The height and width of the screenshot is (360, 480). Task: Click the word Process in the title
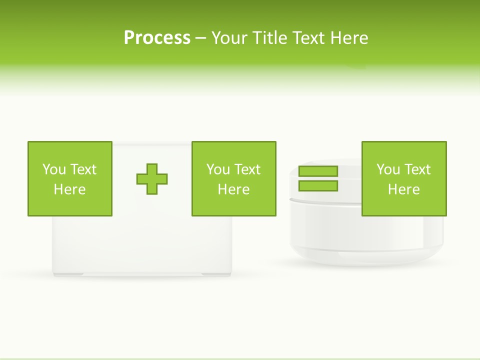[x=157, y=38]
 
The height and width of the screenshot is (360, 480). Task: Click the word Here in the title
[x=349, y=38]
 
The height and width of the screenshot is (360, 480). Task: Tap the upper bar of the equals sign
[x=318, y=171]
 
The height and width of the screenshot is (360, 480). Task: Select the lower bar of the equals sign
[x=318, y=186]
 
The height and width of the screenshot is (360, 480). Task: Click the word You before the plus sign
[x=54, y=169]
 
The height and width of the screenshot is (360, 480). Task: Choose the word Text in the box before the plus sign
[x=83, y=169]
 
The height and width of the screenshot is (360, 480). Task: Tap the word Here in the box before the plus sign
[x=69, y=189]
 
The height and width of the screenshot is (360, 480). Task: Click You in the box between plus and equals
[x=218, y=169]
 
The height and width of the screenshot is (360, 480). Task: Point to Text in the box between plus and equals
[x=247, y=169]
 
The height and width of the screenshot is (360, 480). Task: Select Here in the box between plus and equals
[x=233, y=189]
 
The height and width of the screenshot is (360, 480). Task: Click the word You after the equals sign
[x=388, y=169]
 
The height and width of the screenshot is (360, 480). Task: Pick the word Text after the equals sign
[x=417, y=169]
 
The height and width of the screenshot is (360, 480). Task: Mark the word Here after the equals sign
[x=403, y=189]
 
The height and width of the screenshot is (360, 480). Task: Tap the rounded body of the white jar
[x=350, y=235]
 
